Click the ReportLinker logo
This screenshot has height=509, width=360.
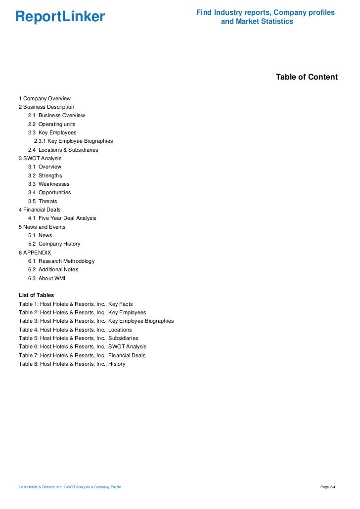pyautogui.click(x=60, y=17)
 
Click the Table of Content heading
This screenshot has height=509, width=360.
pyautogui.click(x=307, y=77)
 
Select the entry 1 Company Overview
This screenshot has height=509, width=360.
pyautogui.click(x=45, y=98)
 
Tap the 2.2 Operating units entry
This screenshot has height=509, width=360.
pyautogui.click(x=51, y=124)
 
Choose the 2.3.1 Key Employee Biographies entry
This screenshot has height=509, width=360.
pyautogui.click(x=73, y=141)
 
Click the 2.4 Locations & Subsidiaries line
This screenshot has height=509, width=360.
pyautogui.click(x=63, y=150)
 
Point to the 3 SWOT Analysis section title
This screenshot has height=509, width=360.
pyautogui.click(x=40, y=158)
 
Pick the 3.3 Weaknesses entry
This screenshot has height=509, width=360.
pyautogui.click(x=48, y=184)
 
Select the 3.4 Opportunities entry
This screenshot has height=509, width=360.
pyautogui.click(x=49, y=192)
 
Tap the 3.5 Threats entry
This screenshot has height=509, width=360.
pyautogui.click(x=43, y=201)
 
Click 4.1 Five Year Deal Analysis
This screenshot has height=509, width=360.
pyautogui.click(x=62, y=218)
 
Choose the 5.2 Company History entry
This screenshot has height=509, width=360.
pyautogui.click(x=54, y=244)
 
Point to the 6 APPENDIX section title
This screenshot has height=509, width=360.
pyautogui.click(x=35, y=253)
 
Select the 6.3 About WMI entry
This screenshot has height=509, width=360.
pyautogui.click(x=46, y=278)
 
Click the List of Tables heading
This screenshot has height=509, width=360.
pyautogui.click(x=36, y=295)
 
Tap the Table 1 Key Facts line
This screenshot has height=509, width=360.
pyautogui.click(x=76, y=304)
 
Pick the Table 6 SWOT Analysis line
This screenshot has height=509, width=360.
pyautogui.click(x=83, y=346)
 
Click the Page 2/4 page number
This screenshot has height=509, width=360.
pyautogui.click(x=328, y=487)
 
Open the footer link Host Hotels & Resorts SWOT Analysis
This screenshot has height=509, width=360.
pyautogui.click(x=70, y=487)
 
